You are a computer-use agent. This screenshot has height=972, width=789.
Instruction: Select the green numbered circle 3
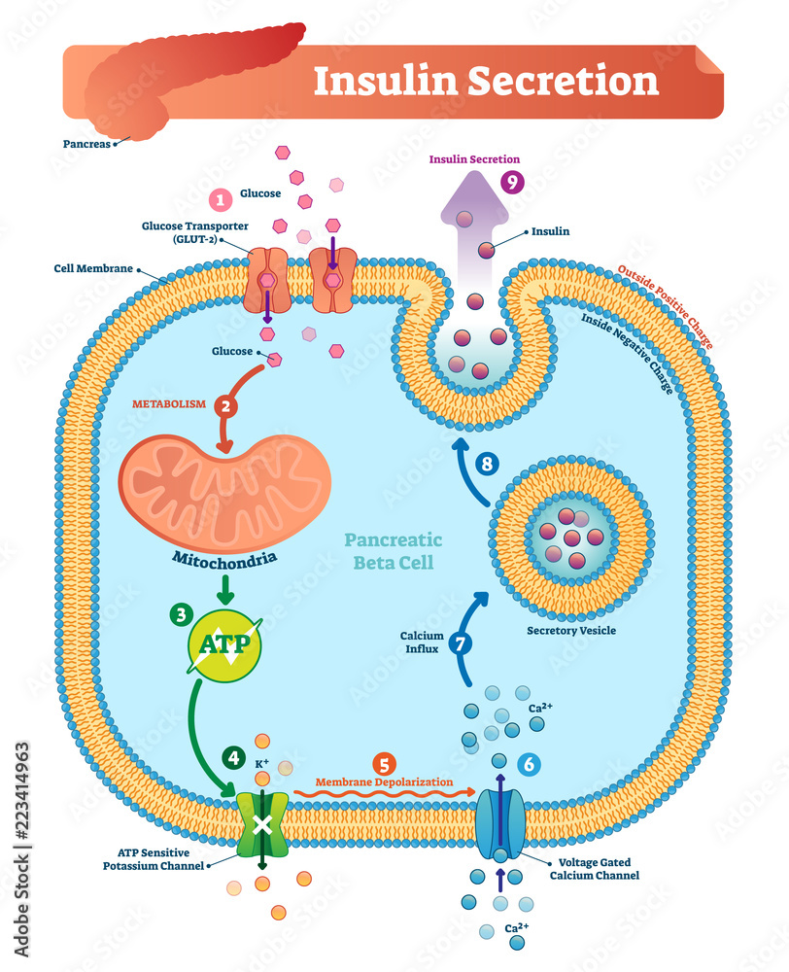181,613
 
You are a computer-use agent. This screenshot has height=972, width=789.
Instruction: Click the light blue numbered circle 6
529,764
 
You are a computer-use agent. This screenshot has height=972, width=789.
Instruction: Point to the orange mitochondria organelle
224,494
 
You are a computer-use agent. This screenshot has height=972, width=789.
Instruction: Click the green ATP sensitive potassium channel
261,825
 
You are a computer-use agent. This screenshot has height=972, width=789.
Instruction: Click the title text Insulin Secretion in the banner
486,81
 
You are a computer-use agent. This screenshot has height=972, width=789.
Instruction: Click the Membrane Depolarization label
384,781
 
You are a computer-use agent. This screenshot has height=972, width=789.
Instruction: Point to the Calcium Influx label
422,642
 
